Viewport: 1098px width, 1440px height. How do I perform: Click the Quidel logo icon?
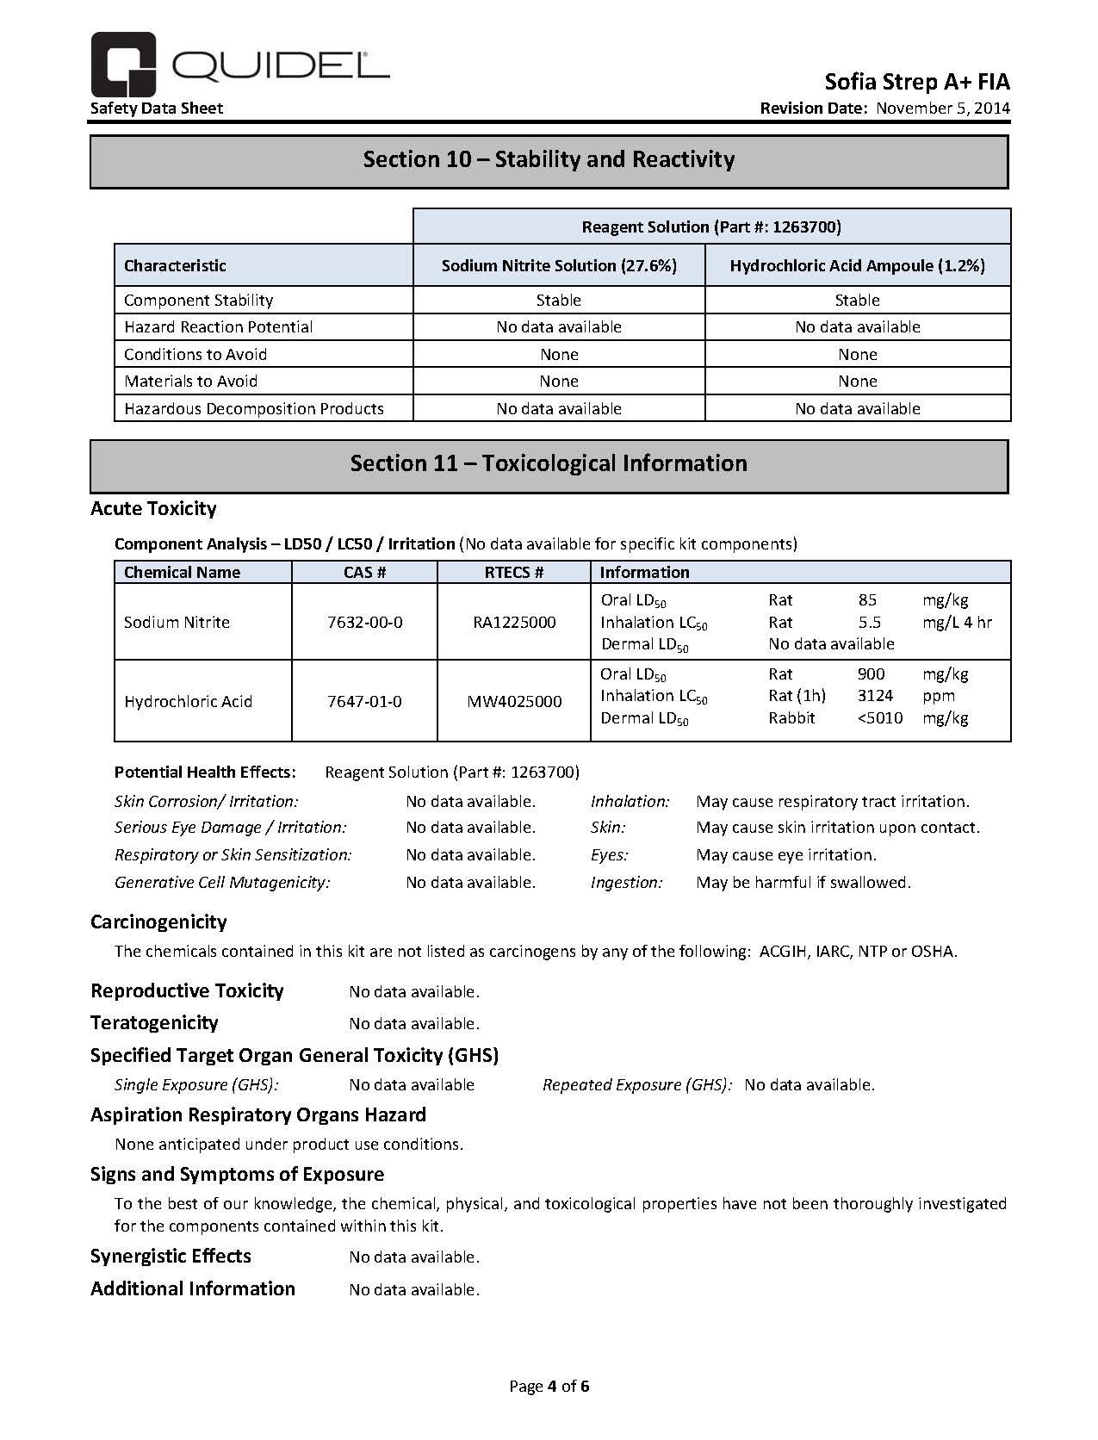pyautogui.click(x=123, y=64)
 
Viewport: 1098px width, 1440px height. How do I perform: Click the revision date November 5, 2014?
pyautogui.click(x=943, y=109)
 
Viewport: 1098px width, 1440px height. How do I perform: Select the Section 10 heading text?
pyautogui.click(x=549, y=160)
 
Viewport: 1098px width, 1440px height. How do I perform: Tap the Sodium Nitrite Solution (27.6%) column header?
pyautogui.click(x=559, y=266)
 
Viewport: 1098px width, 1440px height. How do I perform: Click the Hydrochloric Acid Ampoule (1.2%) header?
pyautogui.click(x=857, y=266)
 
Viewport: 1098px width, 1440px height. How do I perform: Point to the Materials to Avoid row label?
pyautogui.click(x=190, y=382)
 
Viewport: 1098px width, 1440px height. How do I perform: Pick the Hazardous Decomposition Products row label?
pyautogui.click(x=253, y=409)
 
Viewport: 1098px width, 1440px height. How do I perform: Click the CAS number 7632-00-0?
pyautogui.click(x=364, y=623)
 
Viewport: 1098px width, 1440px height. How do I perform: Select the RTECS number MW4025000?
pyautogui.click(x=514, y=702)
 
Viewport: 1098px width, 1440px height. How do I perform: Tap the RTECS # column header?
pyautogui.click(x=514, y=573)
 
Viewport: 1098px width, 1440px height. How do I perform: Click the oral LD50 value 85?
pyautogui.click(x=867, y=600)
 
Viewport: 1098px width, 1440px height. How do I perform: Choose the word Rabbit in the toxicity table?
pyautogui.click(x=791, y=718)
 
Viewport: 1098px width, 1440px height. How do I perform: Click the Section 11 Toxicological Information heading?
pyautogui.click(x=549, y=464)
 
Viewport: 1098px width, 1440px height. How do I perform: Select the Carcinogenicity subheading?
pyautogui.click(x=158, y=922)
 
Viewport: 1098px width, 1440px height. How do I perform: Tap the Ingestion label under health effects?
pyautogui.click(x=626, y=883)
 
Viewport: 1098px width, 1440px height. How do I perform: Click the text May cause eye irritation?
pyautogui.click(x=785, y=855)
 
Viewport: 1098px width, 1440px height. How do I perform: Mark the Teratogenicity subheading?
pyautogui.click(x=154, y=1023)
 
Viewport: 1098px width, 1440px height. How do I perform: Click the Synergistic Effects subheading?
pyautogui.click(x=171, y=1257)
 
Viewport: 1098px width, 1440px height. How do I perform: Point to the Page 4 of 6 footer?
pyautogui.click(x=549, y=1387)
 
